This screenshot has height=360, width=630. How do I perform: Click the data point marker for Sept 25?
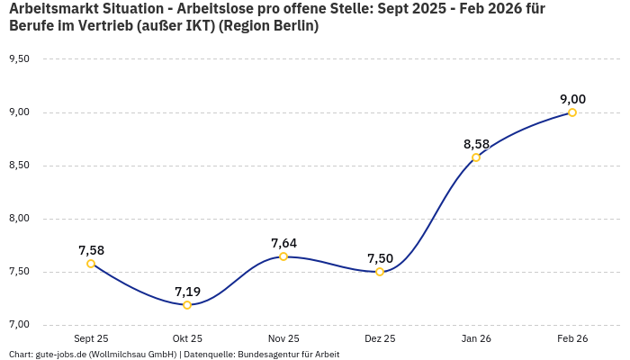[91, 264]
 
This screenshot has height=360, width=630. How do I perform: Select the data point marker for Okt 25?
[187, 305]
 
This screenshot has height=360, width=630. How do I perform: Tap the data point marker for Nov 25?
[283, 256]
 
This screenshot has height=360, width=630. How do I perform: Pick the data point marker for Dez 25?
[380, 272]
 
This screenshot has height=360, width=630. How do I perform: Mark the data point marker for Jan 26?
[476, 157]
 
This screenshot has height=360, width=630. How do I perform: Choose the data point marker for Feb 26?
[572, 112]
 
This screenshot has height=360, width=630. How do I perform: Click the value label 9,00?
[572, 99]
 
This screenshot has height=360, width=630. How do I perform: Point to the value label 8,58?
[476, 144]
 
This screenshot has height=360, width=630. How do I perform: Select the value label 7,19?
[187, 292]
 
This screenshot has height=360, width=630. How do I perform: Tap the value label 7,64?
[283, 243]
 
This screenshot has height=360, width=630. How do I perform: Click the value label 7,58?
[91, 250]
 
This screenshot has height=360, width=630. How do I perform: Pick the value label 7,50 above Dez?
[380, 258]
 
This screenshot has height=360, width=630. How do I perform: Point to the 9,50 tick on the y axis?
[19, 59]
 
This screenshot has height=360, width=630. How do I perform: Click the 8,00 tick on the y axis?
[19, 219]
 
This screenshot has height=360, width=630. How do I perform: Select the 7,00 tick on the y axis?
[19, 325]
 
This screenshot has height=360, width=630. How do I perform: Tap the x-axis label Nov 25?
[283, 338]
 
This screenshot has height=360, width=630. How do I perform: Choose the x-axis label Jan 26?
[476, 338]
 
